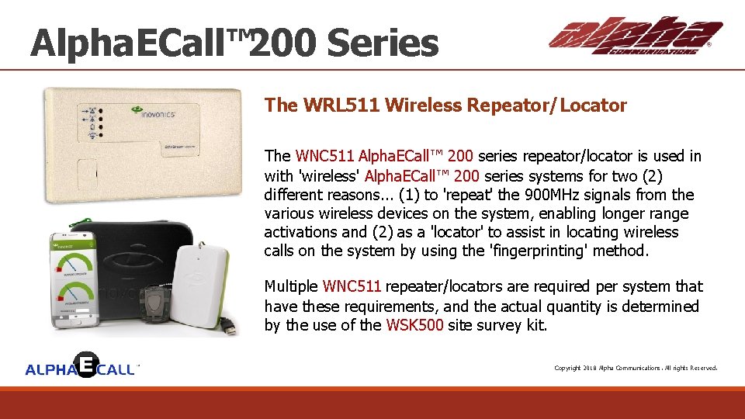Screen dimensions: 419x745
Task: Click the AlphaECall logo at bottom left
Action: tap(81, 367)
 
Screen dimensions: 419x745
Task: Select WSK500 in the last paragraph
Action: tap(414, 325)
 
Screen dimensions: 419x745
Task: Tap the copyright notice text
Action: tap(636, 368)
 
